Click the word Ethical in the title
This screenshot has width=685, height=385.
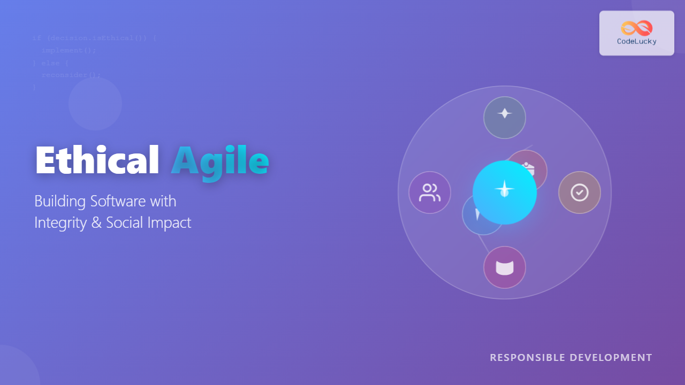97,160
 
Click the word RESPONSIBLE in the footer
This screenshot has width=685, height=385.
527,357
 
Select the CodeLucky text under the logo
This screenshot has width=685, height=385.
636,41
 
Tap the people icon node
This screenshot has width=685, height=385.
430,192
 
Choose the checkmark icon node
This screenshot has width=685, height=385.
580,192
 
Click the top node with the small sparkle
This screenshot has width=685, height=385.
505,118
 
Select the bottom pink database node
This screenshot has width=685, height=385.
505,267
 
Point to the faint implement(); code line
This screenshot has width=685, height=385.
68,50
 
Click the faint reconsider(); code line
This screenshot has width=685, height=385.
71,75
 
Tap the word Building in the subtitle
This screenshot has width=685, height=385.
60,202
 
